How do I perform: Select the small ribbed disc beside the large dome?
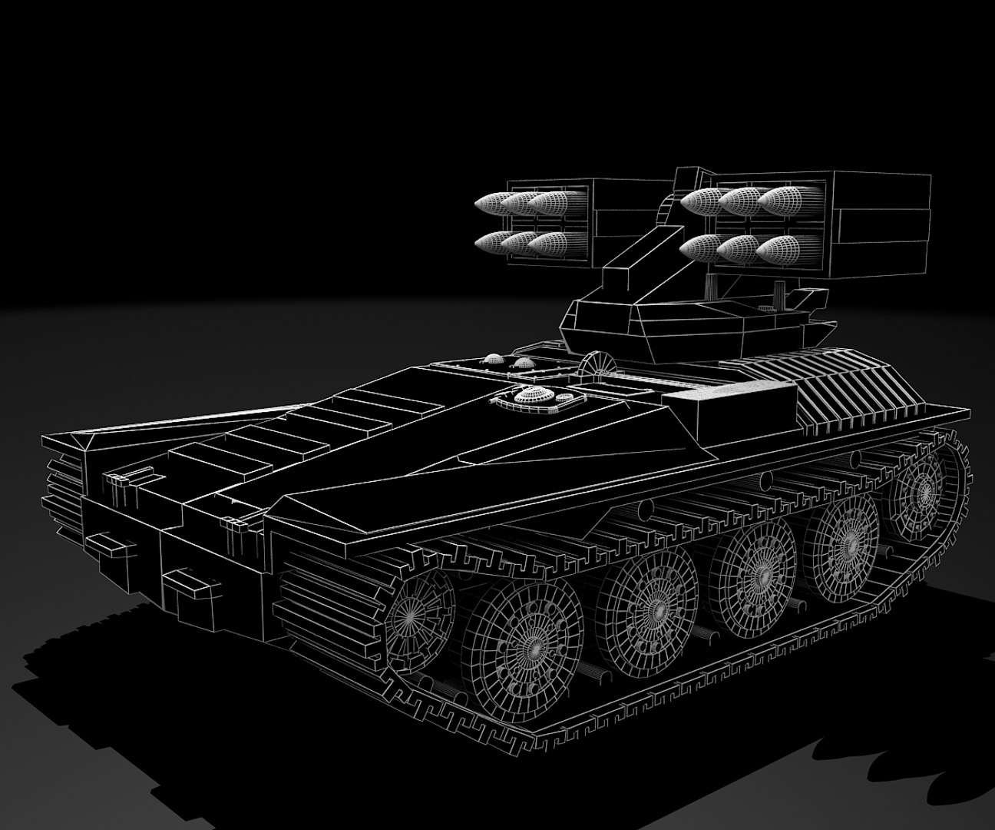pyautogui.click(x=566, y=397)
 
